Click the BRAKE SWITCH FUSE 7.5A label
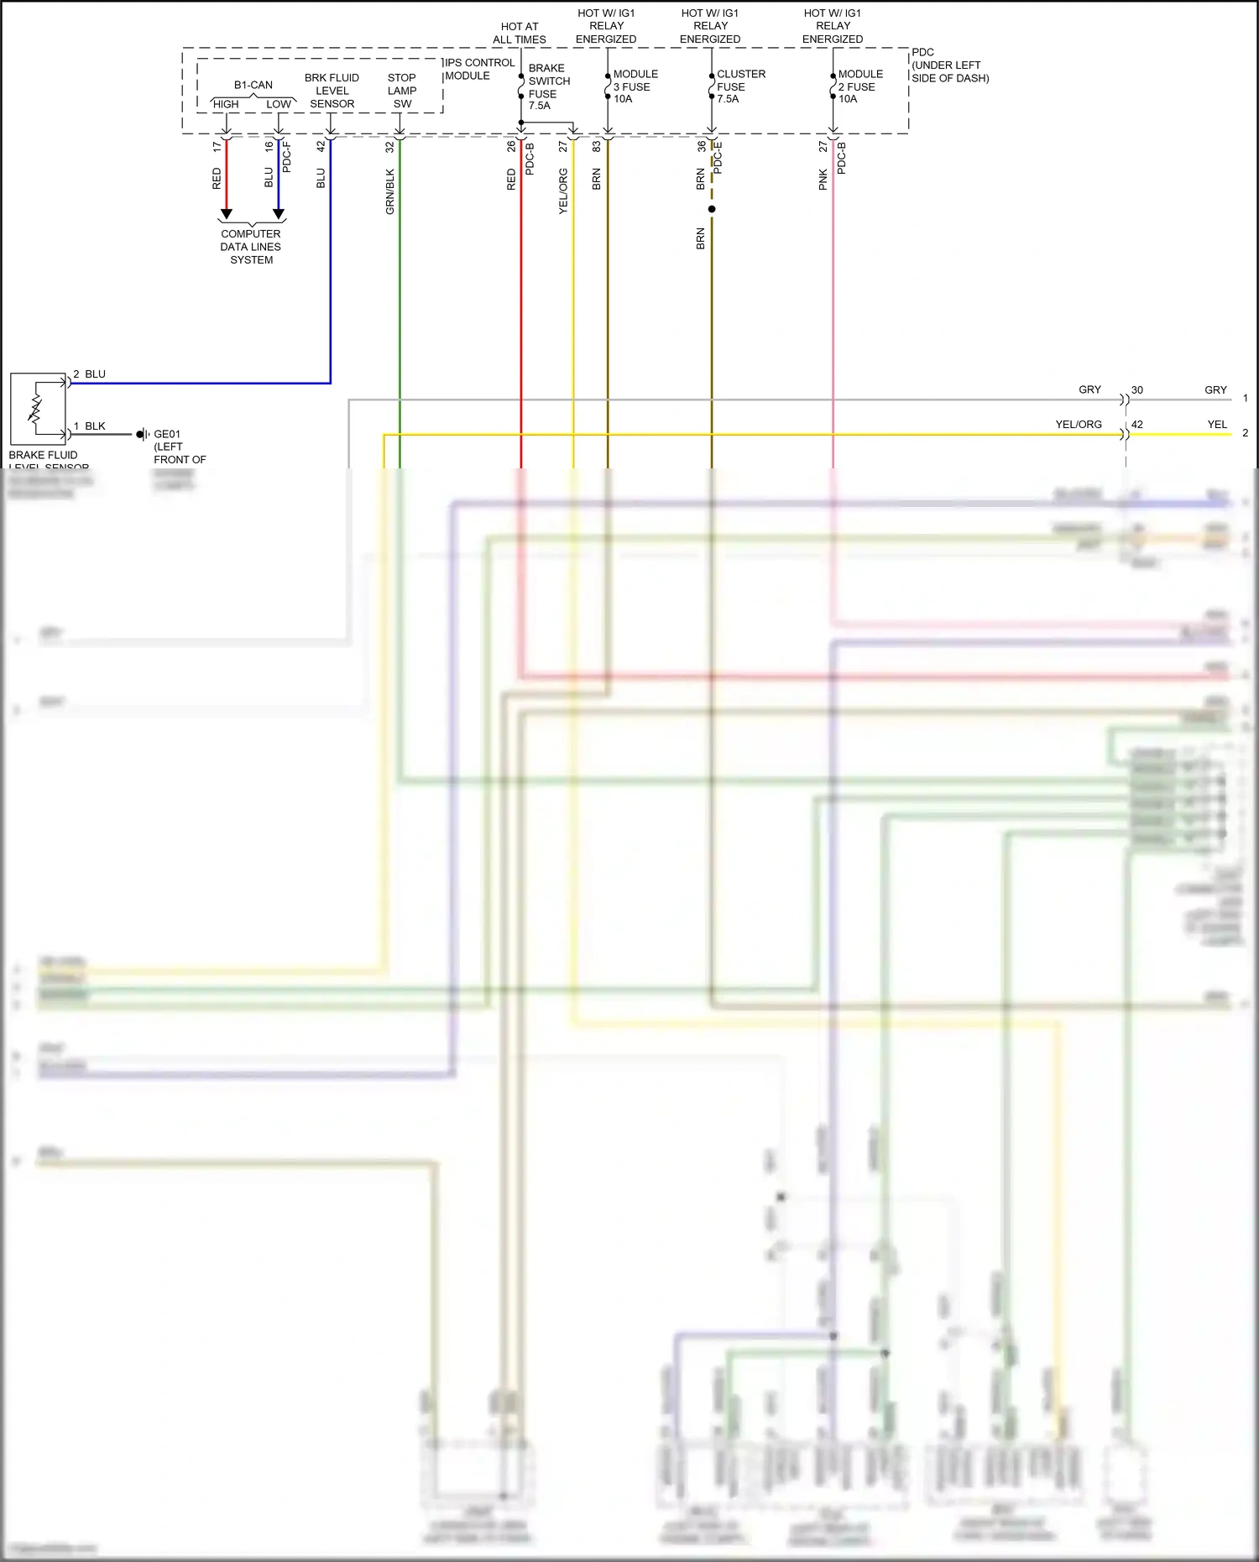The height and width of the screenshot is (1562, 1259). point(548,86)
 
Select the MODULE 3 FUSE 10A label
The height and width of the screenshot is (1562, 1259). point(635,86)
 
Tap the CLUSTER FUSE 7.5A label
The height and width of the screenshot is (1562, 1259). point(739,86)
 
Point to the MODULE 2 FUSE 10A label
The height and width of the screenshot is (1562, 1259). point(859,86)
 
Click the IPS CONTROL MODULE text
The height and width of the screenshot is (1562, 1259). point(479,69)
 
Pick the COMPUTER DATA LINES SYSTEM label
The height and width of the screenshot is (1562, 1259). point(251,247)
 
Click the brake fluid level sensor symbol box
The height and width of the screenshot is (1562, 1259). point(38,409)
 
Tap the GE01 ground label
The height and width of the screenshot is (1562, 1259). point(167,435)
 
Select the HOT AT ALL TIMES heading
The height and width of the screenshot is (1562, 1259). point(519,33)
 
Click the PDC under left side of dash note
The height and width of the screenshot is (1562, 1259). point(949,65)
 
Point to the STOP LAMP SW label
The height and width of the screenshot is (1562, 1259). point(402,91)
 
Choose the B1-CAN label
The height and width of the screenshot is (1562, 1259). point(253,85)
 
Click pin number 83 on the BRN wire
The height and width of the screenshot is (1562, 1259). point(597,146)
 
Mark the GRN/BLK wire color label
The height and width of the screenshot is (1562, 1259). point(389,191)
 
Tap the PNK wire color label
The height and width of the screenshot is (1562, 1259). point(823,179)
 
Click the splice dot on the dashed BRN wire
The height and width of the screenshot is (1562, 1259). point(712,209)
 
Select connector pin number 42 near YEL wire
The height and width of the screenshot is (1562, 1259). point(1137,425)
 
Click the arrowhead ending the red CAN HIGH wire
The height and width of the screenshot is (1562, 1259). point(226,214)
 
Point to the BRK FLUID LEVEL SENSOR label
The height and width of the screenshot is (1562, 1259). point(332,91)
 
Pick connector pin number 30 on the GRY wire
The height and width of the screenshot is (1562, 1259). point(1137,390)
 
